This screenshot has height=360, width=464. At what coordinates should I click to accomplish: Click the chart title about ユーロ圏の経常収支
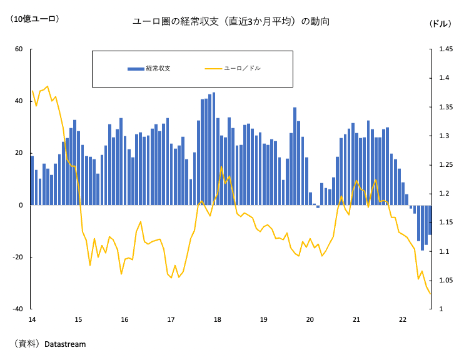[231, 21]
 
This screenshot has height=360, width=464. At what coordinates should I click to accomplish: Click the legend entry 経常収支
[158, 68]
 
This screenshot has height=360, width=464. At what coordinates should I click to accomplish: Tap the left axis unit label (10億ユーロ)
[34, 19]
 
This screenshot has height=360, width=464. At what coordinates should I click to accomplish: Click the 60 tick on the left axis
[19, 49]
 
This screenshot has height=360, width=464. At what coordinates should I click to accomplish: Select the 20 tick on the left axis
[19, 153]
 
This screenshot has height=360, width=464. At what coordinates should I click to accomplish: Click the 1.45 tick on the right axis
[445, 49]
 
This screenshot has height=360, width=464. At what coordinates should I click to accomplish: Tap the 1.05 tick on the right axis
[445, 281]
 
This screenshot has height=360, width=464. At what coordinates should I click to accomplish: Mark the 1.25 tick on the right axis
[445, 165]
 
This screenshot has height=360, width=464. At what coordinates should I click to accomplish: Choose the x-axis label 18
[218, 319]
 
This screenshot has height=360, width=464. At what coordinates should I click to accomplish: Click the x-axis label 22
[403, 319]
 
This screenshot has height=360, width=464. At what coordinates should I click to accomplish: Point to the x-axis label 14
[32, 319]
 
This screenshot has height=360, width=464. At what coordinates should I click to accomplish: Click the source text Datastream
[65, 344]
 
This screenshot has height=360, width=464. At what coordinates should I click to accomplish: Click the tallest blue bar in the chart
[214, 149]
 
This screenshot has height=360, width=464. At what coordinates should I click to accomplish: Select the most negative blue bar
[422, 227]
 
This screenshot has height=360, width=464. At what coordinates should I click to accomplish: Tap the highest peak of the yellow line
[48, 86]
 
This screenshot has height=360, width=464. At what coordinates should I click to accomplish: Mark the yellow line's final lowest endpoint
[430, 294]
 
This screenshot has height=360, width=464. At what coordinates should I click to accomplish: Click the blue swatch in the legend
[135, 68]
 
